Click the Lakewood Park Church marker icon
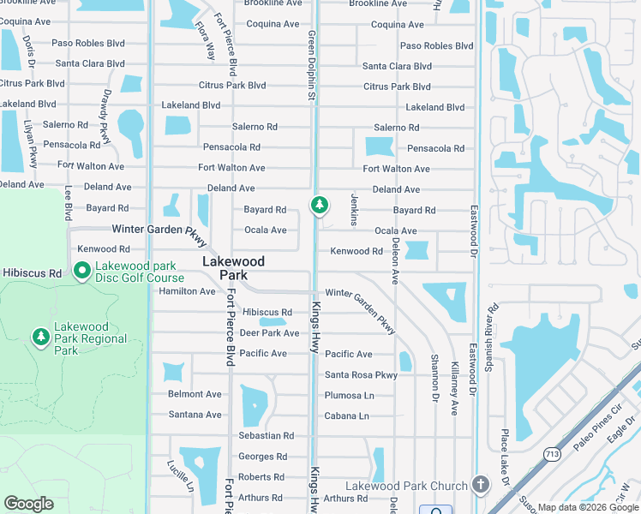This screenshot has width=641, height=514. click(x=480, y=486)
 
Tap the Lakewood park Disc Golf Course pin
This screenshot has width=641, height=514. click(x=82, y=272)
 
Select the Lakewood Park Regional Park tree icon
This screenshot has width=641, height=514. click(x=40, y=338)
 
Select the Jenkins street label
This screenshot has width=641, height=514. click(x=354, y=210)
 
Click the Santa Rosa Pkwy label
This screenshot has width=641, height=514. click(x=361, y=375)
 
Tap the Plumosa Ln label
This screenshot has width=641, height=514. click(x=349, y=396)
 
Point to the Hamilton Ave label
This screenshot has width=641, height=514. click(x=187, y=291)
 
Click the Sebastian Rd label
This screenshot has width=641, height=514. click(x=266, y=436)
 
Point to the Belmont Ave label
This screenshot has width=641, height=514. click(x=195, y=395)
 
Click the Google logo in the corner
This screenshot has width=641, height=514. click(x=28, y=504)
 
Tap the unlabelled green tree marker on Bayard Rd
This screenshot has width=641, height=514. click(x=319, y=206)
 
